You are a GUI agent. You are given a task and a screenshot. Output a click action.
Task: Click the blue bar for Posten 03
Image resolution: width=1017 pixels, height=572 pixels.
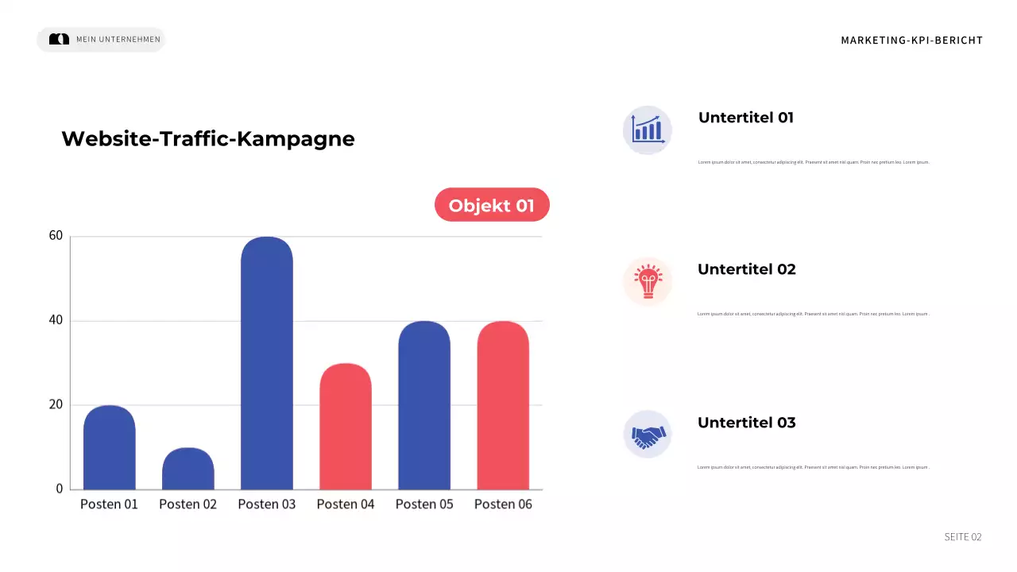tap(267, 363)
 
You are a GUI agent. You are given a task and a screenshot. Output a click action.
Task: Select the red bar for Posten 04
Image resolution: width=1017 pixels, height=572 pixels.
tap(346, 427)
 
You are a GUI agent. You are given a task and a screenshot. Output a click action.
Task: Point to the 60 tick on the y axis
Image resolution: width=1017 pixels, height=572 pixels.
tap(56, 236)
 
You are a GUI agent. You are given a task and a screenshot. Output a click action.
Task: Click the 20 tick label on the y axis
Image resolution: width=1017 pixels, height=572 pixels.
tap(56, 404)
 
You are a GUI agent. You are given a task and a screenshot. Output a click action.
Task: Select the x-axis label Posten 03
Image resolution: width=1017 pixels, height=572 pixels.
tap(267, 504)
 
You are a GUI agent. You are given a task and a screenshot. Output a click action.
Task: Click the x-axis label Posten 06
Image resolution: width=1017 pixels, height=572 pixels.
tap(503, 504)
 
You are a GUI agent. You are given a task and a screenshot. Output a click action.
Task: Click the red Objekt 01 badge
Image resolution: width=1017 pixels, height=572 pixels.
tap(492, 205)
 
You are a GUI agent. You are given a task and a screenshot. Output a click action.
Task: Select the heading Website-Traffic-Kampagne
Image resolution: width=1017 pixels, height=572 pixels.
tap(208, 139)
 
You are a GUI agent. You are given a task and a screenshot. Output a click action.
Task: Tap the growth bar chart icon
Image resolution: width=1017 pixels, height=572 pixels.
tap(647, 129)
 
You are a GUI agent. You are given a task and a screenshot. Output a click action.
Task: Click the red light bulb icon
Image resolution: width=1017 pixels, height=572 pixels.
tap(648, 281)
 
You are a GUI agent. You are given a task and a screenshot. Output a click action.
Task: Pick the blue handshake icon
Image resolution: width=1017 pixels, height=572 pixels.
tap(648, 435)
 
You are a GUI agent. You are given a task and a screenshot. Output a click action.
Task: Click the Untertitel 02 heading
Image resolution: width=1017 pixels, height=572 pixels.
tap(746, 269)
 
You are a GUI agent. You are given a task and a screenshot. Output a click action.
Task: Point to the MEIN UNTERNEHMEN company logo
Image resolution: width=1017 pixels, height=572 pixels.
tap(60, 39)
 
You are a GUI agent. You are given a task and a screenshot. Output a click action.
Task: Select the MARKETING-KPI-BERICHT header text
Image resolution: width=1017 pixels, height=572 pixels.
tap(911, 41)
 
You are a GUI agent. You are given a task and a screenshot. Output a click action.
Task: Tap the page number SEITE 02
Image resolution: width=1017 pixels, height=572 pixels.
tap(962, 537)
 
